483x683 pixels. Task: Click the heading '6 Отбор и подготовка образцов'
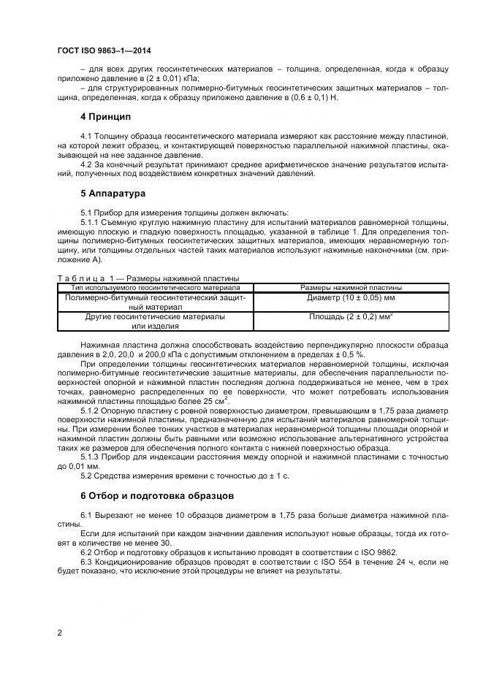[x=157, y=495]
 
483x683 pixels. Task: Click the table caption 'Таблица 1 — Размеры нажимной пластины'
[x=148, y=278]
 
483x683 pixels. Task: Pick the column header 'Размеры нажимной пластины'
[x=351, y=288]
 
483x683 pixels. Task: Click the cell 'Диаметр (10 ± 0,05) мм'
[x=351, y=299]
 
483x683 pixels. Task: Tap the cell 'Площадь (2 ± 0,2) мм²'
[x=351, y=317]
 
